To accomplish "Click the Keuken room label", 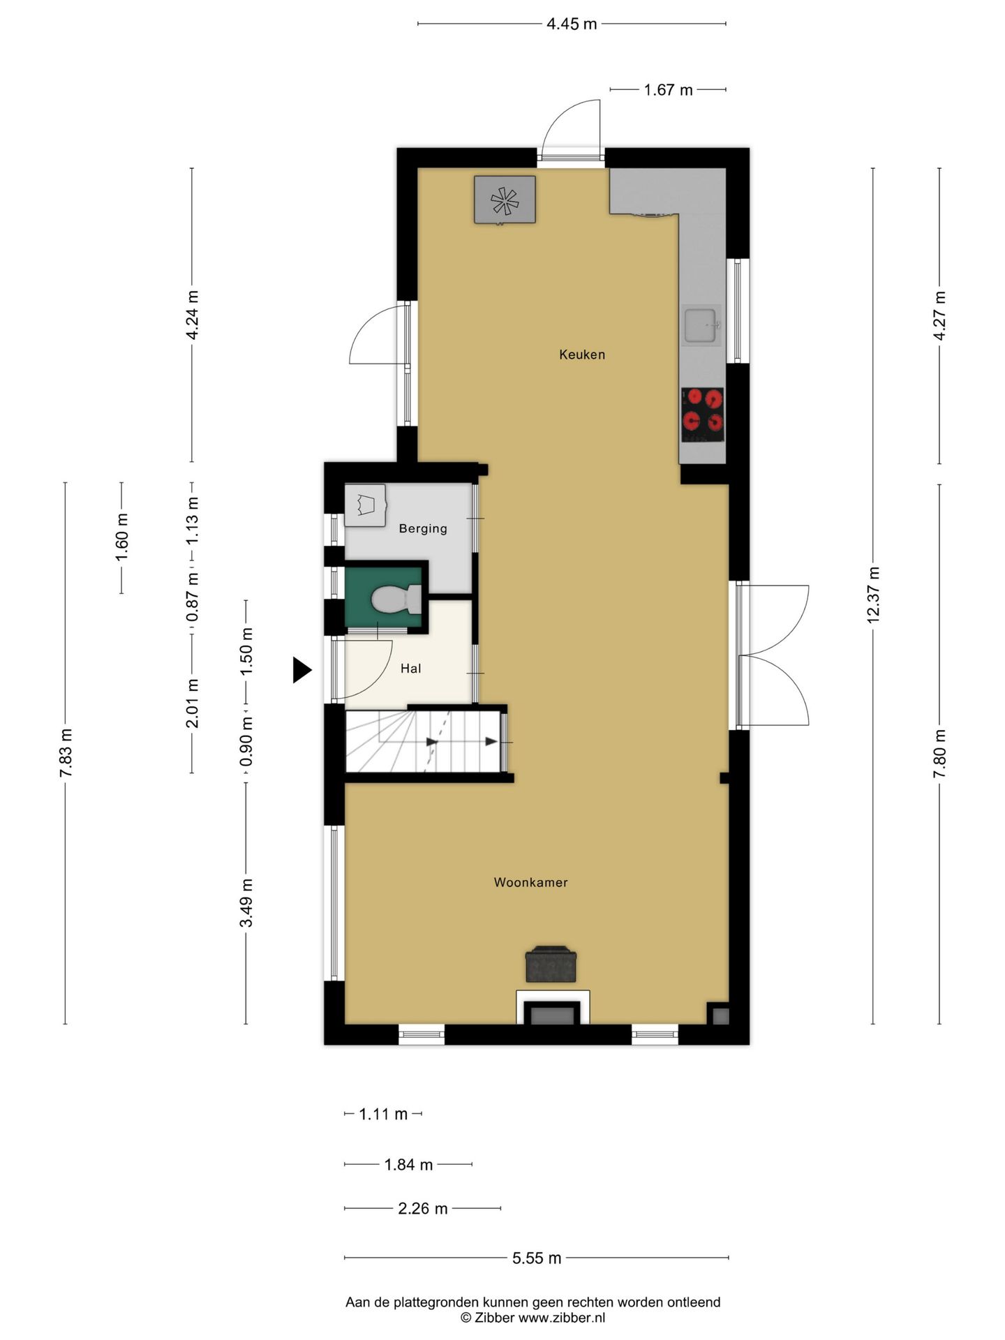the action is click(x=581, y=355).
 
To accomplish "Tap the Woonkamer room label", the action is click(x=530, y=882).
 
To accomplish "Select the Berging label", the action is click(x=423, y=528).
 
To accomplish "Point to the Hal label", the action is click(x=410, y=669).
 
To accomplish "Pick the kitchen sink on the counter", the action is click(x=701, y=325).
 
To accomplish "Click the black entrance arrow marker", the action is click(x=301, y=670).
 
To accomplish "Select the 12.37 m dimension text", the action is click(x=872, y=595).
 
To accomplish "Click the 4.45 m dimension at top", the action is click(x=572, y=24).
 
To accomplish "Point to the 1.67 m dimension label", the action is click(x=668, y=89).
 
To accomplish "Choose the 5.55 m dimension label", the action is click(x=537, y=1258).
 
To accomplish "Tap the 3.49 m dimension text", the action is click(x=246, y=903).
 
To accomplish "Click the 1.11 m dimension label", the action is click(x=383, y=1114).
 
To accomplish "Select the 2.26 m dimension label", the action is click(x=423, y=1208).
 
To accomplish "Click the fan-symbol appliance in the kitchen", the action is click(x=505, y=200).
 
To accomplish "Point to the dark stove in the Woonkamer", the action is click(x=551, y=964).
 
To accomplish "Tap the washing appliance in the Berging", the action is click(x=365, y=505).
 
